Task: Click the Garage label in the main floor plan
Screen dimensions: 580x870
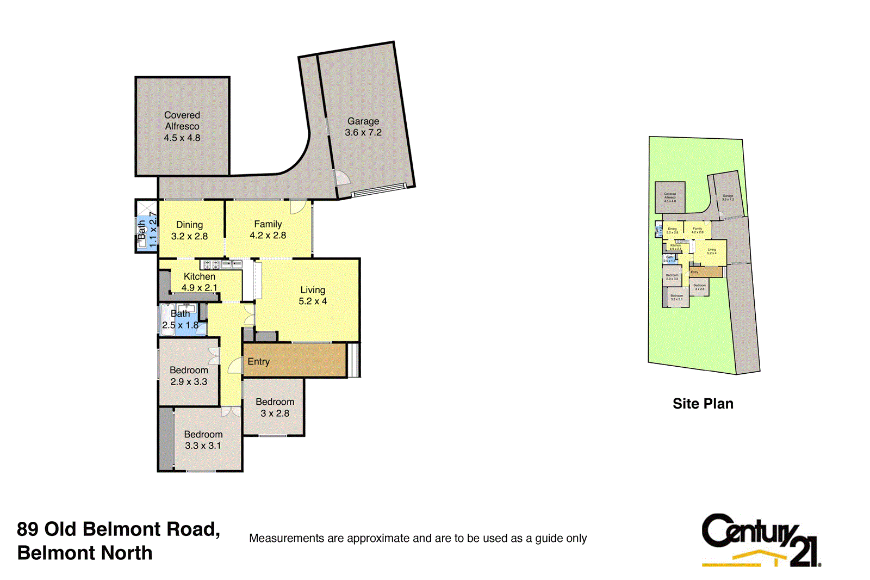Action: [x=363, y=121]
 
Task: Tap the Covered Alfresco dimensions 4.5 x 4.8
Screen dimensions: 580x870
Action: [x=182, y=138]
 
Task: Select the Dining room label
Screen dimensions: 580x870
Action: [x=189, y=225]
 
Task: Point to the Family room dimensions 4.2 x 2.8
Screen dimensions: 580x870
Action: [x=268, y=236]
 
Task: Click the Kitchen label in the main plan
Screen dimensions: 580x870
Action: [x=200, y=276]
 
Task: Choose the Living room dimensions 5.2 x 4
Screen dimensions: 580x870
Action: [x=313, y=301]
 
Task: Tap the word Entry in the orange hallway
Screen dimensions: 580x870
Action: [x=259, y=362]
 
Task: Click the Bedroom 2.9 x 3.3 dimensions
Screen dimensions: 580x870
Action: [x=189, y=382]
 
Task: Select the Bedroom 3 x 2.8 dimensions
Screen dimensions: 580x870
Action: [x=275, y=414]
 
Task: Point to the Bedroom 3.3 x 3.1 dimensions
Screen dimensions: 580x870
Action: [x=203, y=446]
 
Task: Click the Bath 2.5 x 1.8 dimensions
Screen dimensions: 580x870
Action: [x=180, y=325]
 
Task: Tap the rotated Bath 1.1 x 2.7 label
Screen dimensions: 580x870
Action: [x=147, y=230]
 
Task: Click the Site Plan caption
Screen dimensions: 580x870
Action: [x=703, y=404]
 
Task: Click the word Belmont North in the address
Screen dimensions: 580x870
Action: [x=85, y=553]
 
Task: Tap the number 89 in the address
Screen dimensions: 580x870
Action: [x=28, y=529]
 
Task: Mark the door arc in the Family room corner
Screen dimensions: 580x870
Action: [x=297, y=207]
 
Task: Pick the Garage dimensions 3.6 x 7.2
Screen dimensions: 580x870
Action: [x=363, y=133]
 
